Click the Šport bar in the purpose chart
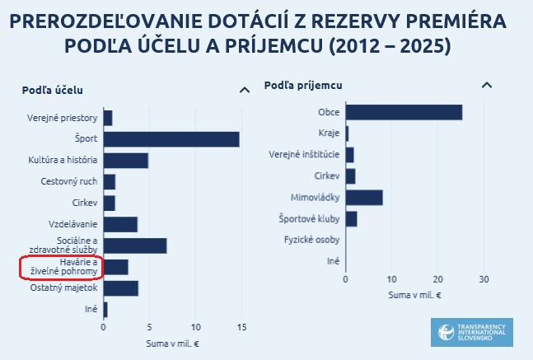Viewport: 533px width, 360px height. [171, 139]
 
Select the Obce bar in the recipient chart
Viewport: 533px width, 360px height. [404, 112]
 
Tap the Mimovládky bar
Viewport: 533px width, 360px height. [364, 197]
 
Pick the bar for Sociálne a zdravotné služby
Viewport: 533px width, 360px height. [135, 245]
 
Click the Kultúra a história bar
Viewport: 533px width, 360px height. [125, 160]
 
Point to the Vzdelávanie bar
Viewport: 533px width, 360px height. [120, 224]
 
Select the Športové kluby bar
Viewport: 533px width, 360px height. [351, 218]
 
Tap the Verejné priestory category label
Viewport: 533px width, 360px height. [62, 118]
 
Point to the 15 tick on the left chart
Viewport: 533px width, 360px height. [242, 326]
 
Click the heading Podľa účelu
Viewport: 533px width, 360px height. [52, 90]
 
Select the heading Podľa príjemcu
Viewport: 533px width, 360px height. [303, 85]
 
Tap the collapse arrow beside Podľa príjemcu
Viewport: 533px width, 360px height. [487, 85]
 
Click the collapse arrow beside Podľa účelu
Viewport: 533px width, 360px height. [243, 90]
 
